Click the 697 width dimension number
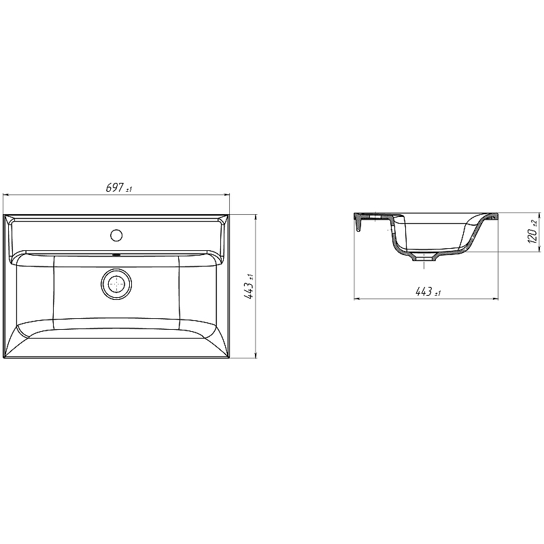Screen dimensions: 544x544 pos(114,188)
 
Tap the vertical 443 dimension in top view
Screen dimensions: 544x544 pos(249,291)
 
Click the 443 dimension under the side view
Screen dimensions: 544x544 pos(424,292)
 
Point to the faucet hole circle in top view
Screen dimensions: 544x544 pos(116,235)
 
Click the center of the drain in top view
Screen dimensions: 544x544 pos(116,284)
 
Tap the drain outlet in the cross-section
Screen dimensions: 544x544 pos(424,258)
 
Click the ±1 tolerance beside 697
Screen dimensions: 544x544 pos(129,190)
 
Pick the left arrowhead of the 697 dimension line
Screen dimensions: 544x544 pos(5,195)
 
